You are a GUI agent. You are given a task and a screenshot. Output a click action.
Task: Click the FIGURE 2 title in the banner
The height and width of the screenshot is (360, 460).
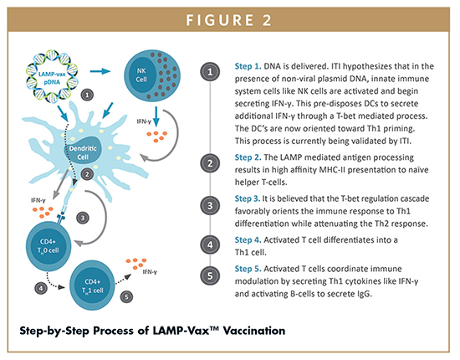228,20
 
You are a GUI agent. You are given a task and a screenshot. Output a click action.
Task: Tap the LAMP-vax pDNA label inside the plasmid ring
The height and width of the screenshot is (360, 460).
52,78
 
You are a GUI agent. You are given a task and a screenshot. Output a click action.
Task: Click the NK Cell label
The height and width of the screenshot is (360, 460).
141,75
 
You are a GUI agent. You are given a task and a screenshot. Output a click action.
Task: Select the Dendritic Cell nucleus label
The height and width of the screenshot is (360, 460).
83,152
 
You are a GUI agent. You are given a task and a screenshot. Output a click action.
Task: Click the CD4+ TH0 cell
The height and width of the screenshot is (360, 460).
49,246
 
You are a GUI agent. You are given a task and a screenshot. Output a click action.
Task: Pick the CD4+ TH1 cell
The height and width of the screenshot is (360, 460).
92,285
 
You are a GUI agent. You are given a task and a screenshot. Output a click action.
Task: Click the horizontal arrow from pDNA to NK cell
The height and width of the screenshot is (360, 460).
100,71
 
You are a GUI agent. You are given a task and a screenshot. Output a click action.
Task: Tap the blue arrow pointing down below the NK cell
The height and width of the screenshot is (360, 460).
156,116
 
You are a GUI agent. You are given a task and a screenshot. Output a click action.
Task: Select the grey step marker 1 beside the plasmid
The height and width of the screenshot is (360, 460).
87,95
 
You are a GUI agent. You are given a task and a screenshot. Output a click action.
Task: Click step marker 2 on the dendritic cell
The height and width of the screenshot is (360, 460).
87,174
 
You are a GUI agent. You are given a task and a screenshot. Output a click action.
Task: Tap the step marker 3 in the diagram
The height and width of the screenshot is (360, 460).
83,218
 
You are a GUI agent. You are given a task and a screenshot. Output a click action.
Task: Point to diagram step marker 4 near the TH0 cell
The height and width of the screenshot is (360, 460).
41,288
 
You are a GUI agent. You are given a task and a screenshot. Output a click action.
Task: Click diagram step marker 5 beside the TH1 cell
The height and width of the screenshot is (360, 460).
126,297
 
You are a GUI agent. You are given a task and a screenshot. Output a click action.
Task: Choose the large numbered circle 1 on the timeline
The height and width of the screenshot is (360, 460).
210,72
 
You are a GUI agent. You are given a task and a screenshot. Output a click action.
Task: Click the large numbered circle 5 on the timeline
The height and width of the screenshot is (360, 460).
210,275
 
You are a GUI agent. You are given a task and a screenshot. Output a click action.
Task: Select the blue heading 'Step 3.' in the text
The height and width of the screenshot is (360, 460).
248,198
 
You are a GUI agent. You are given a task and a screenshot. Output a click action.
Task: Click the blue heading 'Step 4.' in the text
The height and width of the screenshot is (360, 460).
248,240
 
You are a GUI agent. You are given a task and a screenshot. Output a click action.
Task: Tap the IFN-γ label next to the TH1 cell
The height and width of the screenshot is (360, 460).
150,272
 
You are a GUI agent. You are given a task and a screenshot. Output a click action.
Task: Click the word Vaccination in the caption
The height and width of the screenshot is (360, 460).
254,331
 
